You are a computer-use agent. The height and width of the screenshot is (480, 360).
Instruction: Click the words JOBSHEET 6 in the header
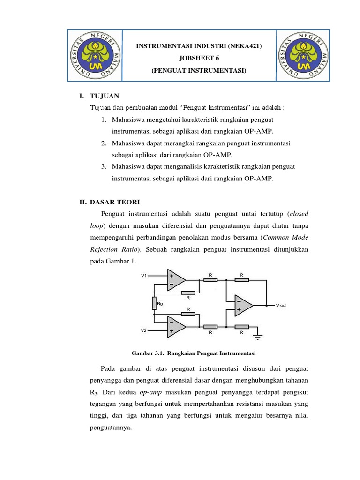click(x=199, y=58)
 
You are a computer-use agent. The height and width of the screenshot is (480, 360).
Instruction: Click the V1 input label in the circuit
click(x=144, y=276)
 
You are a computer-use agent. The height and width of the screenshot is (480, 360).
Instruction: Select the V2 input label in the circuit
click(x=144, y=330)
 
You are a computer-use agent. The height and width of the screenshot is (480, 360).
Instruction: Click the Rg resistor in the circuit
click(x=154, y=303)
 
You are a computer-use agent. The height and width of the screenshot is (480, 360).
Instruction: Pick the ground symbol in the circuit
click(x=257, y=336)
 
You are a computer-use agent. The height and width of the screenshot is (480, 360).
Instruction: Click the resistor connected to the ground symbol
click(x=241, y=327)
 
